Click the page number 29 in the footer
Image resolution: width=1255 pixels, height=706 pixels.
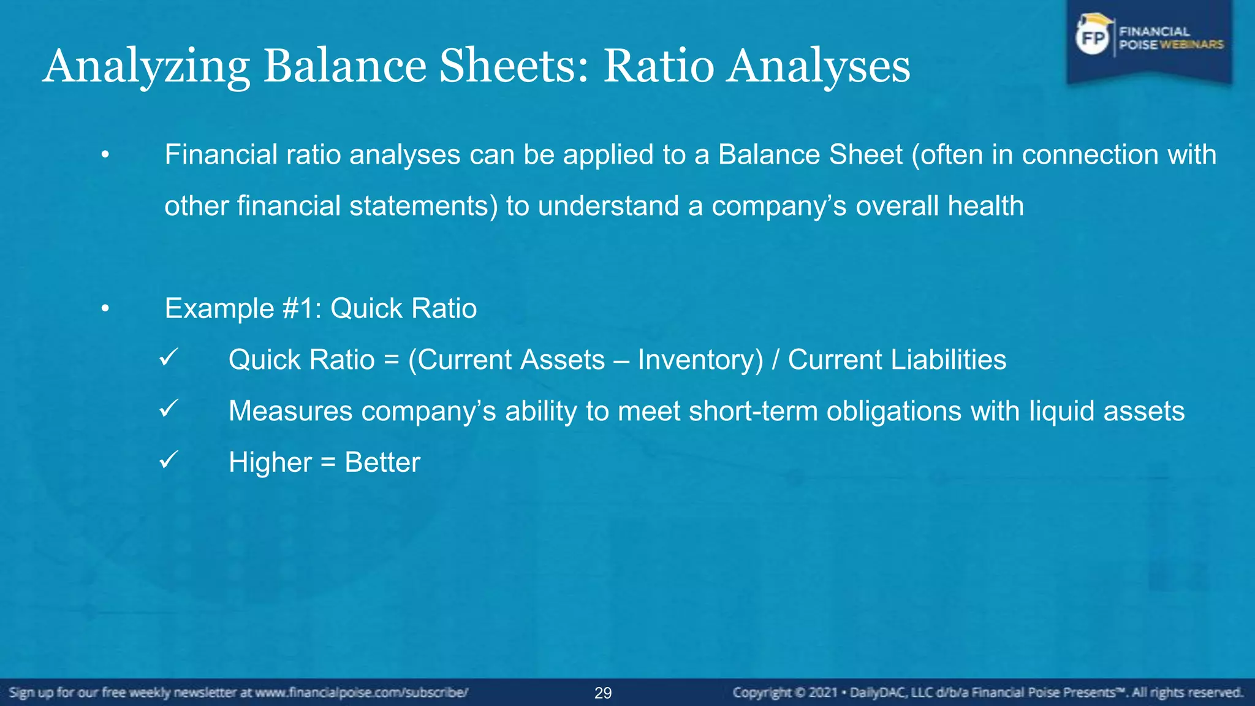click(603, 693)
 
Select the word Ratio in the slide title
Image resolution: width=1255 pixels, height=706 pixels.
click(658, 66)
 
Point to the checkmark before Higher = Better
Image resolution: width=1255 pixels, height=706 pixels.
click(168, 460)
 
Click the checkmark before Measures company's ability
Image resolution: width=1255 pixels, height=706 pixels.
click(168, 408)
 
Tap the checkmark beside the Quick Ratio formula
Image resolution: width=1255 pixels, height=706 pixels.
click(168, 357)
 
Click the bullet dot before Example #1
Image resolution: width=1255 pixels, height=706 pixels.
click(105, 309)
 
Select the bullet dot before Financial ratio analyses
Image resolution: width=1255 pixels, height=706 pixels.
click(105, 155)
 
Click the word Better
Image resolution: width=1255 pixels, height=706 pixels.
click(382, 463)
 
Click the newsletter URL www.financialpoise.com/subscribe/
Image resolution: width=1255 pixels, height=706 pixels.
click(362, 693)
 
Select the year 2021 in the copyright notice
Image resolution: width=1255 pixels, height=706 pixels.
click(823, 693)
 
